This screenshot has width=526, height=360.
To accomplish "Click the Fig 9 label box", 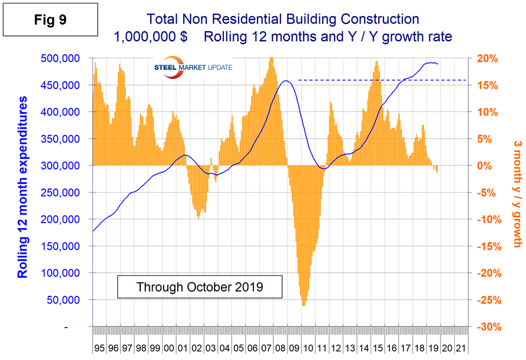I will click(50, 19).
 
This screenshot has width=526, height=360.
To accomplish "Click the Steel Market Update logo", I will click(193, 67).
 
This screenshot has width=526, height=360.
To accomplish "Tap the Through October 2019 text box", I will click(199, 288).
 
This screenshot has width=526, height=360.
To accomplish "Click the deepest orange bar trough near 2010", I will click(303, 305).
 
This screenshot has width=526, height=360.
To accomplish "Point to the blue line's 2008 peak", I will click(286, 81).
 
